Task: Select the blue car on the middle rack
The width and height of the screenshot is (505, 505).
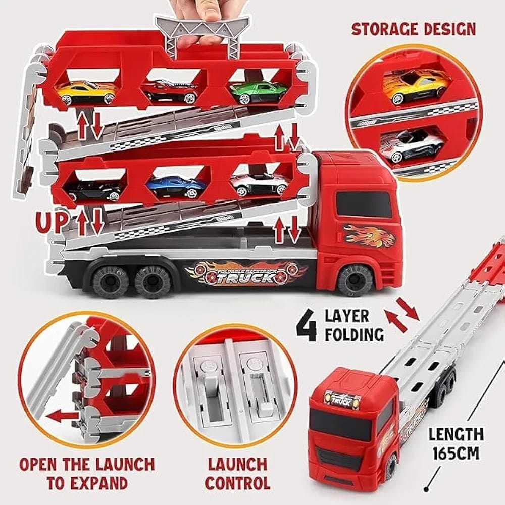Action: (175, 186)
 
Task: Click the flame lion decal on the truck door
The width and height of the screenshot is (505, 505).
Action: (369, 235)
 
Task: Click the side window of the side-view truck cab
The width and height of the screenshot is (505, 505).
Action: (364, 204)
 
